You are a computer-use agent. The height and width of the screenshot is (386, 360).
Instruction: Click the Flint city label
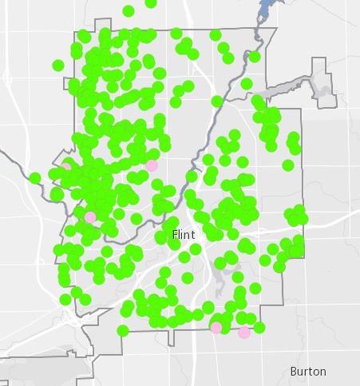[x=183, y=234]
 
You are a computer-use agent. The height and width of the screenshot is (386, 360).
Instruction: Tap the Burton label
[x=308, y=372]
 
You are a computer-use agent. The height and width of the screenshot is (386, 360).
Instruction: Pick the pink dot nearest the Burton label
[x=244, y=332]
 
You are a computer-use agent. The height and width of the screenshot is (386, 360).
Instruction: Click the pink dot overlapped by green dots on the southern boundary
[x=216, y=327]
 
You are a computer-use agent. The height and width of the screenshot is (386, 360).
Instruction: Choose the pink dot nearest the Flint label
[x=152, y=165]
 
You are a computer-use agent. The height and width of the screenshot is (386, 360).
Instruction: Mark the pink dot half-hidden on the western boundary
[x=67, y=165]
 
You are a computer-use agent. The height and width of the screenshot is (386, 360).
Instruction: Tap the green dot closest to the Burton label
[x=259, y=328]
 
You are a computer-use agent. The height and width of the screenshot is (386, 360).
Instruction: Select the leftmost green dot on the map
[x=35, y=177]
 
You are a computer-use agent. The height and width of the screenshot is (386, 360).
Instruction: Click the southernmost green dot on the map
[x=123, y=331]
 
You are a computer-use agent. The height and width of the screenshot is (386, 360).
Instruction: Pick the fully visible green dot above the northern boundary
[x=129, y=10]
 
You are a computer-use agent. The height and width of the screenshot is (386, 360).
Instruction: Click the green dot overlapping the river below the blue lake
[x=254, y=57]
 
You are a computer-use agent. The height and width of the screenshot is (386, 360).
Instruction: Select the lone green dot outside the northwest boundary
[x=57, y=65]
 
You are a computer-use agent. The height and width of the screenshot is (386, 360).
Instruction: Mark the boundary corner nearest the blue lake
[x=276, y=30]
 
